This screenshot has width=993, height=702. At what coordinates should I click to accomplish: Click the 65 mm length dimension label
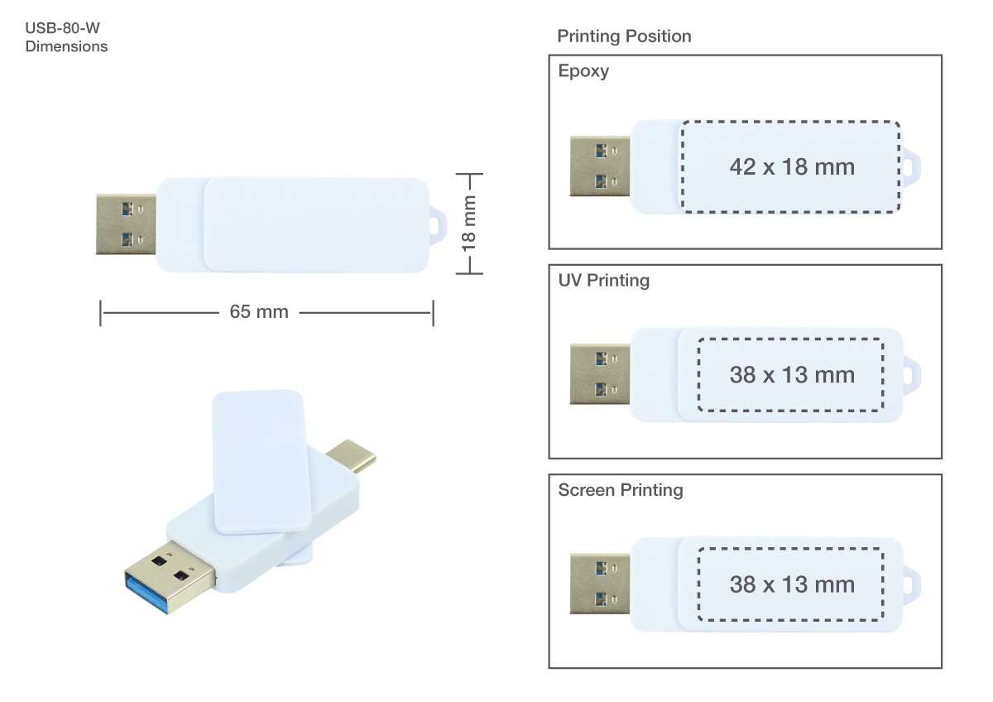coord(259,312)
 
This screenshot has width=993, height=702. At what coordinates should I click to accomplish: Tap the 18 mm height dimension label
coord(469,224)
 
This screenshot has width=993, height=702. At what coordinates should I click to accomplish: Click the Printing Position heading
coord(624,36)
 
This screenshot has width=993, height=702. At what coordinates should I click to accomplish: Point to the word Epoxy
coord(583,71)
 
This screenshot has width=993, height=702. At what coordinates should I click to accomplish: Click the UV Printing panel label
coord(604,281)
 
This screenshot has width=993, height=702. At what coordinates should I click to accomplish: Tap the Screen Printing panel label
coord(621,490)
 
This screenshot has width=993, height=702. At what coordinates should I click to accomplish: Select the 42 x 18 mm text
coord(792,167)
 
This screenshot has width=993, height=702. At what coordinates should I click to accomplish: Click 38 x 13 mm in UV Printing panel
coord(792,375)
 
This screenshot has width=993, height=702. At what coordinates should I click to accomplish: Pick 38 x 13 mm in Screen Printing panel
coord(792,584)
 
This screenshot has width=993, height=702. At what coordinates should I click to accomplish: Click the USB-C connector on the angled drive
coord(353,454)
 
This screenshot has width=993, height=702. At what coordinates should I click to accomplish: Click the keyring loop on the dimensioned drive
coord(438,224)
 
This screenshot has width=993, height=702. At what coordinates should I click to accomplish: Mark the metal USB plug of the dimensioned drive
coord(126,224)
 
